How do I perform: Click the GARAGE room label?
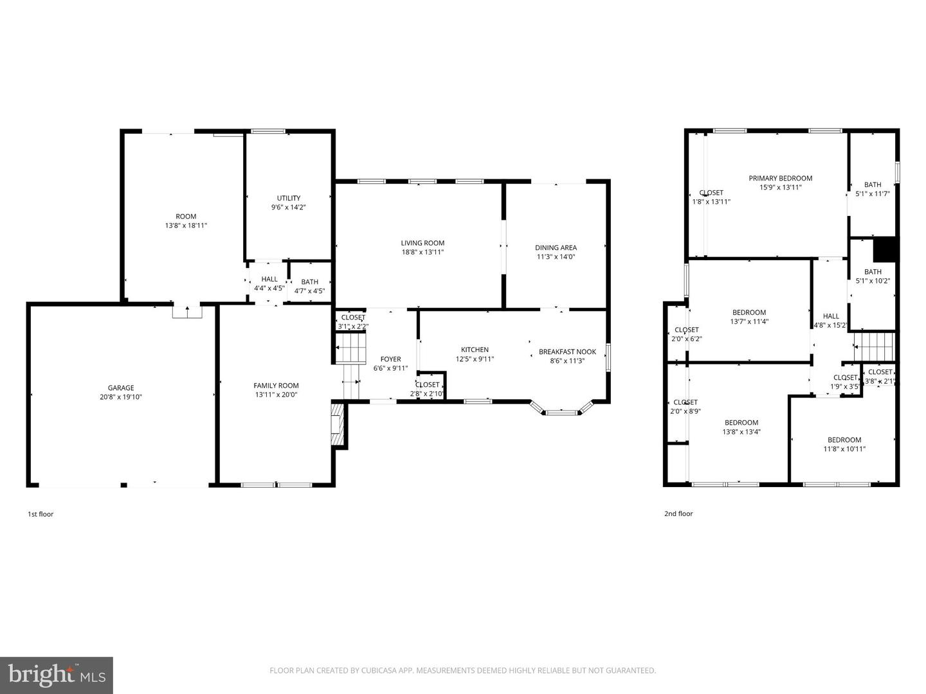(121, 388)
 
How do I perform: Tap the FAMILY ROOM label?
(276, 386)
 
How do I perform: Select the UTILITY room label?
(289, 199)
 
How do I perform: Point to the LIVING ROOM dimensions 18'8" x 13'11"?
(422, 253)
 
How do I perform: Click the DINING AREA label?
(556, 247)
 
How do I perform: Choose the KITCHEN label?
(475, 350)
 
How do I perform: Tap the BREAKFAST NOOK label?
(567, 352)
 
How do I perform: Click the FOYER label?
(390, 360)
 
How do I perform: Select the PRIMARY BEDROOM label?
(780, 179)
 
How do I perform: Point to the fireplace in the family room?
(338, 423)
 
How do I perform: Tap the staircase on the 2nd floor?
(874, 347)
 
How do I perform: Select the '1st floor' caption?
(41, 514)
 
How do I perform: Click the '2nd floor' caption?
(678, 514)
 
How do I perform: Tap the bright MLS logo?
(57, 675)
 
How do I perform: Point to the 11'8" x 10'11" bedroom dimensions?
(844, 449)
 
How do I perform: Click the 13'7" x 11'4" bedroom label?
(749, 313)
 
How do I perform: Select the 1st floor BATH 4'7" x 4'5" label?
(309, 282)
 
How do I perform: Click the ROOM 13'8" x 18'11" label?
(186, 217)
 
